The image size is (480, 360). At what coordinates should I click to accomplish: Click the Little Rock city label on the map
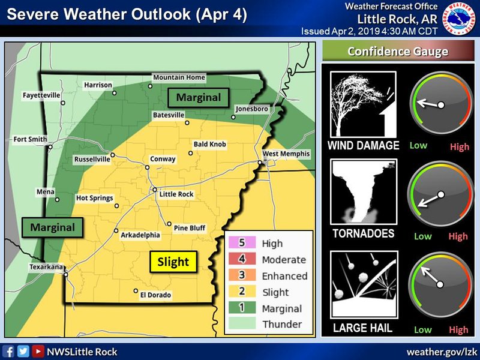pyautogui.click(x=176, y=194)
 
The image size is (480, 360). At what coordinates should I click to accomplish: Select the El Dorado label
pyautogui.click(x=155, y=295)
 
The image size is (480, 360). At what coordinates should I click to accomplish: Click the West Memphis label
pyautogui.click(x=286, y=154)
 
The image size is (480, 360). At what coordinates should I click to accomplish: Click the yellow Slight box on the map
pyautogui.click(x=173, y=262)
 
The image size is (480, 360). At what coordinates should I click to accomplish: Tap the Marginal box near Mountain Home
pyautogui.click(x=199, y=97)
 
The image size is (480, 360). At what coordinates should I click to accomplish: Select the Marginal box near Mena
pyautogui.click(x=53, y=227)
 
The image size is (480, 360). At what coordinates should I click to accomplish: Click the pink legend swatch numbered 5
pyautogui.click(x=241, y=244)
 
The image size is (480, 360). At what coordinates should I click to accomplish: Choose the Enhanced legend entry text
pyautogui.click(x=284, y=277)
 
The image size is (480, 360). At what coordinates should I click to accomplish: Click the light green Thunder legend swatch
pyautogui.click(x=241, y=325)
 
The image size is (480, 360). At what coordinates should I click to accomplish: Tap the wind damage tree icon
pyautogui.click(x=363, y=104)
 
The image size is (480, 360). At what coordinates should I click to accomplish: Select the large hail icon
pyautogui.click(x=363, y=285)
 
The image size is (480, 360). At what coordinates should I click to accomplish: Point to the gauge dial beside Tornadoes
pyautogui.click(x=440, y=194)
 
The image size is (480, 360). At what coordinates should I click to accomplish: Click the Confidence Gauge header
pyautogui.click(x=398, y=52)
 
